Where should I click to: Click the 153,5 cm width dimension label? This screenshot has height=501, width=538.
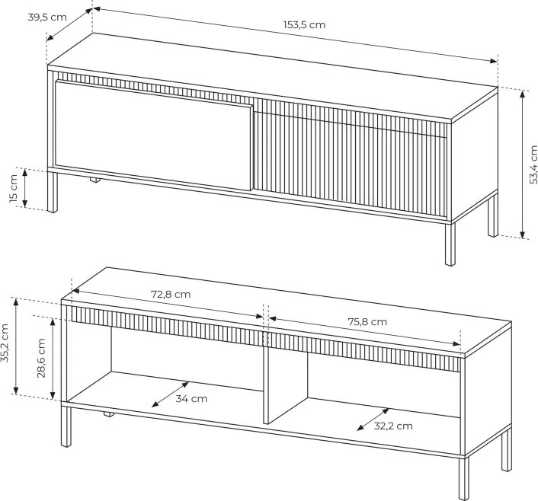click(x=304, y=25)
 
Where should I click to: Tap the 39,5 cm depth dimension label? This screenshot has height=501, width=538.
click(x=47, y=18)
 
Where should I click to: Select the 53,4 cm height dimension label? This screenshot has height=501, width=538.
click(x=533, y=165)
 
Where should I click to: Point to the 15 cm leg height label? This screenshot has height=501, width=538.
click(x=14, y=188)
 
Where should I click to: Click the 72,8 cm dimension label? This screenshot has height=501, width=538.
click(x=171, y=295)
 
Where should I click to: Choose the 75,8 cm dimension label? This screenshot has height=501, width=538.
click(x=367, y=322)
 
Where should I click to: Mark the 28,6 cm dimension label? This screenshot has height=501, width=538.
click(x=41, y=359)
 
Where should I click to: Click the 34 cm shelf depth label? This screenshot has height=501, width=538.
click(x=191, y=399)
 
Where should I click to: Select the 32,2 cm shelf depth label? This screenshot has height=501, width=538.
click(x=393, y=426)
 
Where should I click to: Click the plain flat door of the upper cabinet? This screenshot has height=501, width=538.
click(x=153, y=136)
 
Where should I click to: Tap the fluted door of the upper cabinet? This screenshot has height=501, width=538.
click(x=351, y=158)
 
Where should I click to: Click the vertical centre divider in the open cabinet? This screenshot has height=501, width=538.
click(x=265, y=377)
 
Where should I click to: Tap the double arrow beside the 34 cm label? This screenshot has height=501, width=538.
click(x=170, y=394)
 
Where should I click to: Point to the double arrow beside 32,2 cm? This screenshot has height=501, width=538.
click(x=373, y=420)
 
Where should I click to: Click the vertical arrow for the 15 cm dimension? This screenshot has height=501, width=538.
click(x=24, y=188)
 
